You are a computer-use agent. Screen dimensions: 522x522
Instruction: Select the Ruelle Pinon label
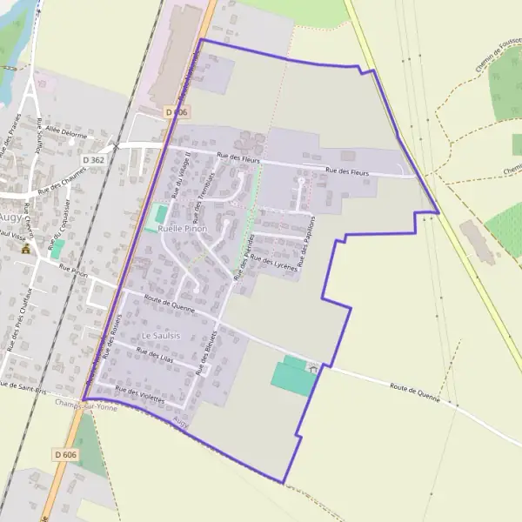tap(181, 228)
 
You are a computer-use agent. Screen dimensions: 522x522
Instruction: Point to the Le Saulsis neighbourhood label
tap(161, 335)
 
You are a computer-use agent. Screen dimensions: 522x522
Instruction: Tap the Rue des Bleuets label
tap(207, 352)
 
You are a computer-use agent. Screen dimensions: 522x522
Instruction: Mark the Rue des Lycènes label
tap(274, 263)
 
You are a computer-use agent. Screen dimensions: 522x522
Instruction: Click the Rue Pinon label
tap(74, 271)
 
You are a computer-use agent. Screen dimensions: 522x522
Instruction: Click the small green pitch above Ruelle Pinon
tap(158, 212)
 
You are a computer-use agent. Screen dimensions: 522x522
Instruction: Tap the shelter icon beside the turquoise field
tap(313, 369)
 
